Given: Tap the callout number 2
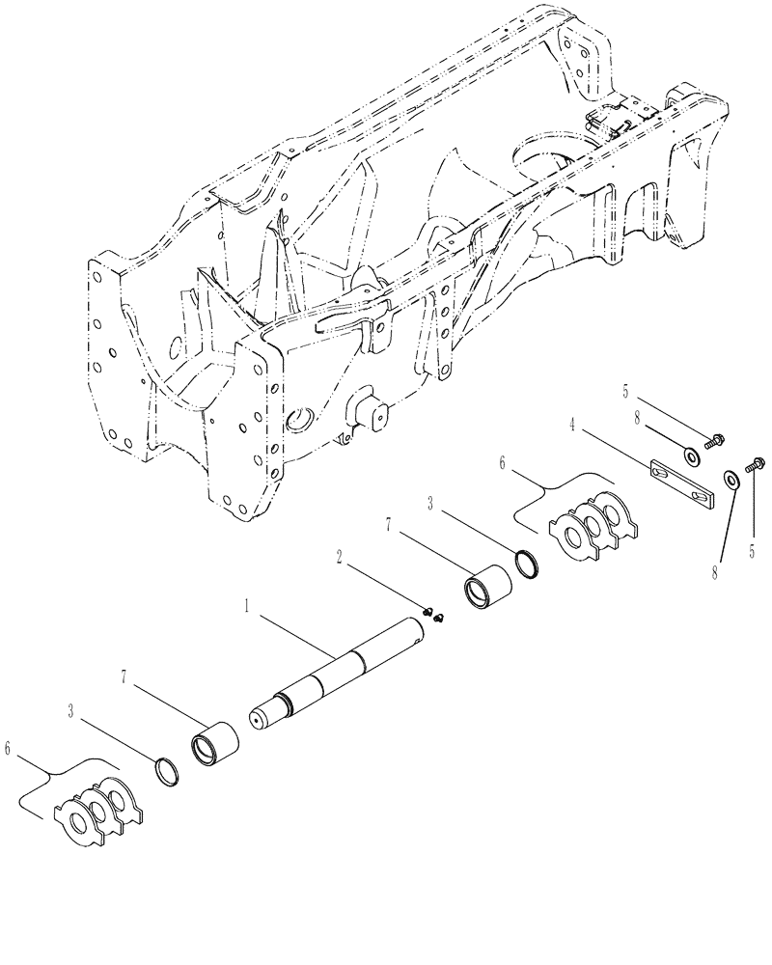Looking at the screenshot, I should pyautogui.click(x=340, y=557).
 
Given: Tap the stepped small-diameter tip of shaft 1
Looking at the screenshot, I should pyautogui.click(x=261, y=720).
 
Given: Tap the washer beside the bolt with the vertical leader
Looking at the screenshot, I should pyautogui.click(x=731, y=478).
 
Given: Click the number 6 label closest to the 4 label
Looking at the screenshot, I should pyautogui.click(x=501, y=465).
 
